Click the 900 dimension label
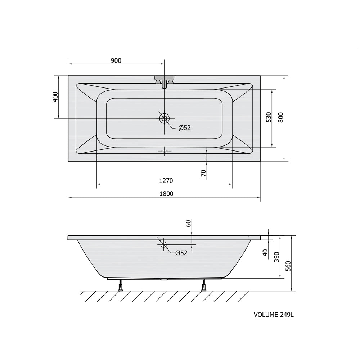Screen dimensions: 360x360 point(116,60)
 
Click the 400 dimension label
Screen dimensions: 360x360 point(55,96)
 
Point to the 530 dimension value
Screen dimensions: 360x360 point(269,117)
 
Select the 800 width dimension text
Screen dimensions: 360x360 point(280,117)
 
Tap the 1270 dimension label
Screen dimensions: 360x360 point(166,181)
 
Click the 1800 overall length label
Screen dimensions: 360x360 point(166,194)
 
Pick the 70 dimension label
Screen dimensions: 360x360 point(203,173)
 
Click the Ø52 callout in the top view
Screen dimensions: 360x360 point(185,128)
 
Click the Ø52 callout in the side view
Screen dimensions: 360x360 point(181,253)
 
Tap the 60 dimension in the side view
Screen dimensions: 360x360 point(188,224)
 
